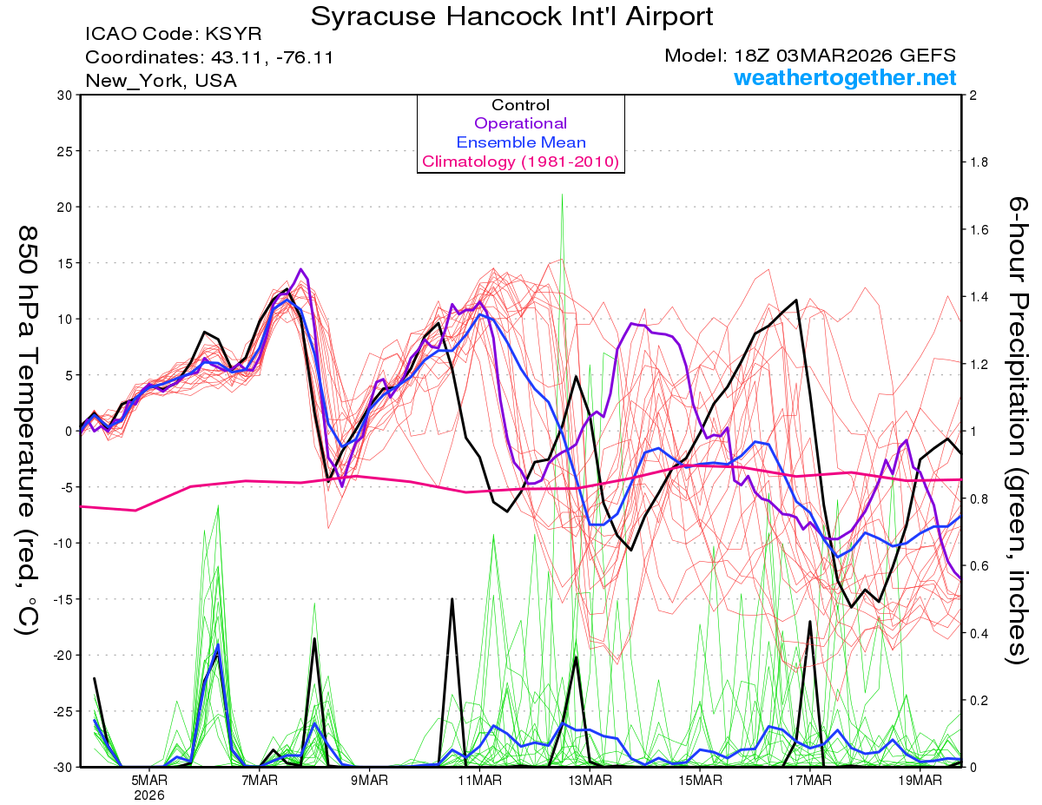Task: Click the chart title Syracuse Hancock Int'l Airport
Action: click(x=512, y=16)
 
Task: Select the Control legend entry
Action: click(x=520, y=105)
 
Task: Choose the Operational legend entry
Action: click(x=520, y=123)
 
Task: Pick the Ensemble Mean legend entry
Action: click(x=520, y=142)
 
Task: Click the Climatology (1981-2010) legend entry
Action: click(x=520, y=162)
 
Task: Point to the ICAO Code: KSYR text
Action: click(x=173, y=35)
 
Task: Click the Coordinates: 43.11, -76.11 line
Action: click(x=209, y=57)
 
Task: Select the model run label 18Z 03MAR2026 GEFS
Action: click(x=810, y=56)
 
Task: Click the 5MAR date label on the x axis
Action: click(x=149, y=780)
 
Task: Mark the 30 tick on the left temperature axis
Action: click(x=63, y=95)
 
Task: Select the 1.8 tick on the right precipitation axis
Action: click(x=977, y=162)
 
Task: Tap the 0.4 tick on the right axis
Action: click(x=977, y=633)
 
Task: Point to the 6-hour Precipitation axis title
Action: click(x=1016, y=430)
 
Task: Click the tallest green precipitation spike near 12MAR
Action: click(x=563, y=196)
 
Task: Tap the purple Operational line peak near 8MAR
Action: click(x=301, y=270)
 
